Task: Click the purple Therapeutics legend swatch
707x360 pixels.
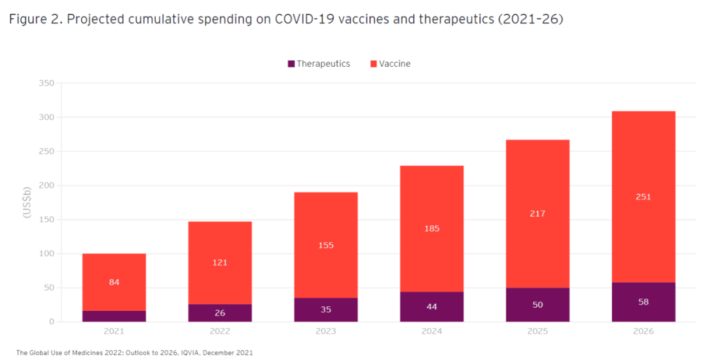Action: [x=291, y=64]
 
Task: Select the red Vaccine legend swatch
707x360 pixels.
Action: [x=374, y=64]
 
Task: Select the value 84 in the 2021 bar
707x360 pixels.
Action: [x=114, y=282]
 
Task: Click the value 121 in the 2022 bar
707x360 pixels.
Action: [x=220, y=262]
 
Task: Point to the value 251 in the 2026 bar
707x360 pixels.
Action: [x=644, y=196]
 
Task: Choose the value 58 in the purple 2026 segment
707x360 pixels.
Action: [x=644, y=302]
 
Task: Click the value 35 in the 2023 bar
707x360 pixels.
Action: [x=326, y=310]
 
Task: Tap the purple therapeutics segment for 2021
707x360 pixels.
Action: [x=114, y=316]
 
